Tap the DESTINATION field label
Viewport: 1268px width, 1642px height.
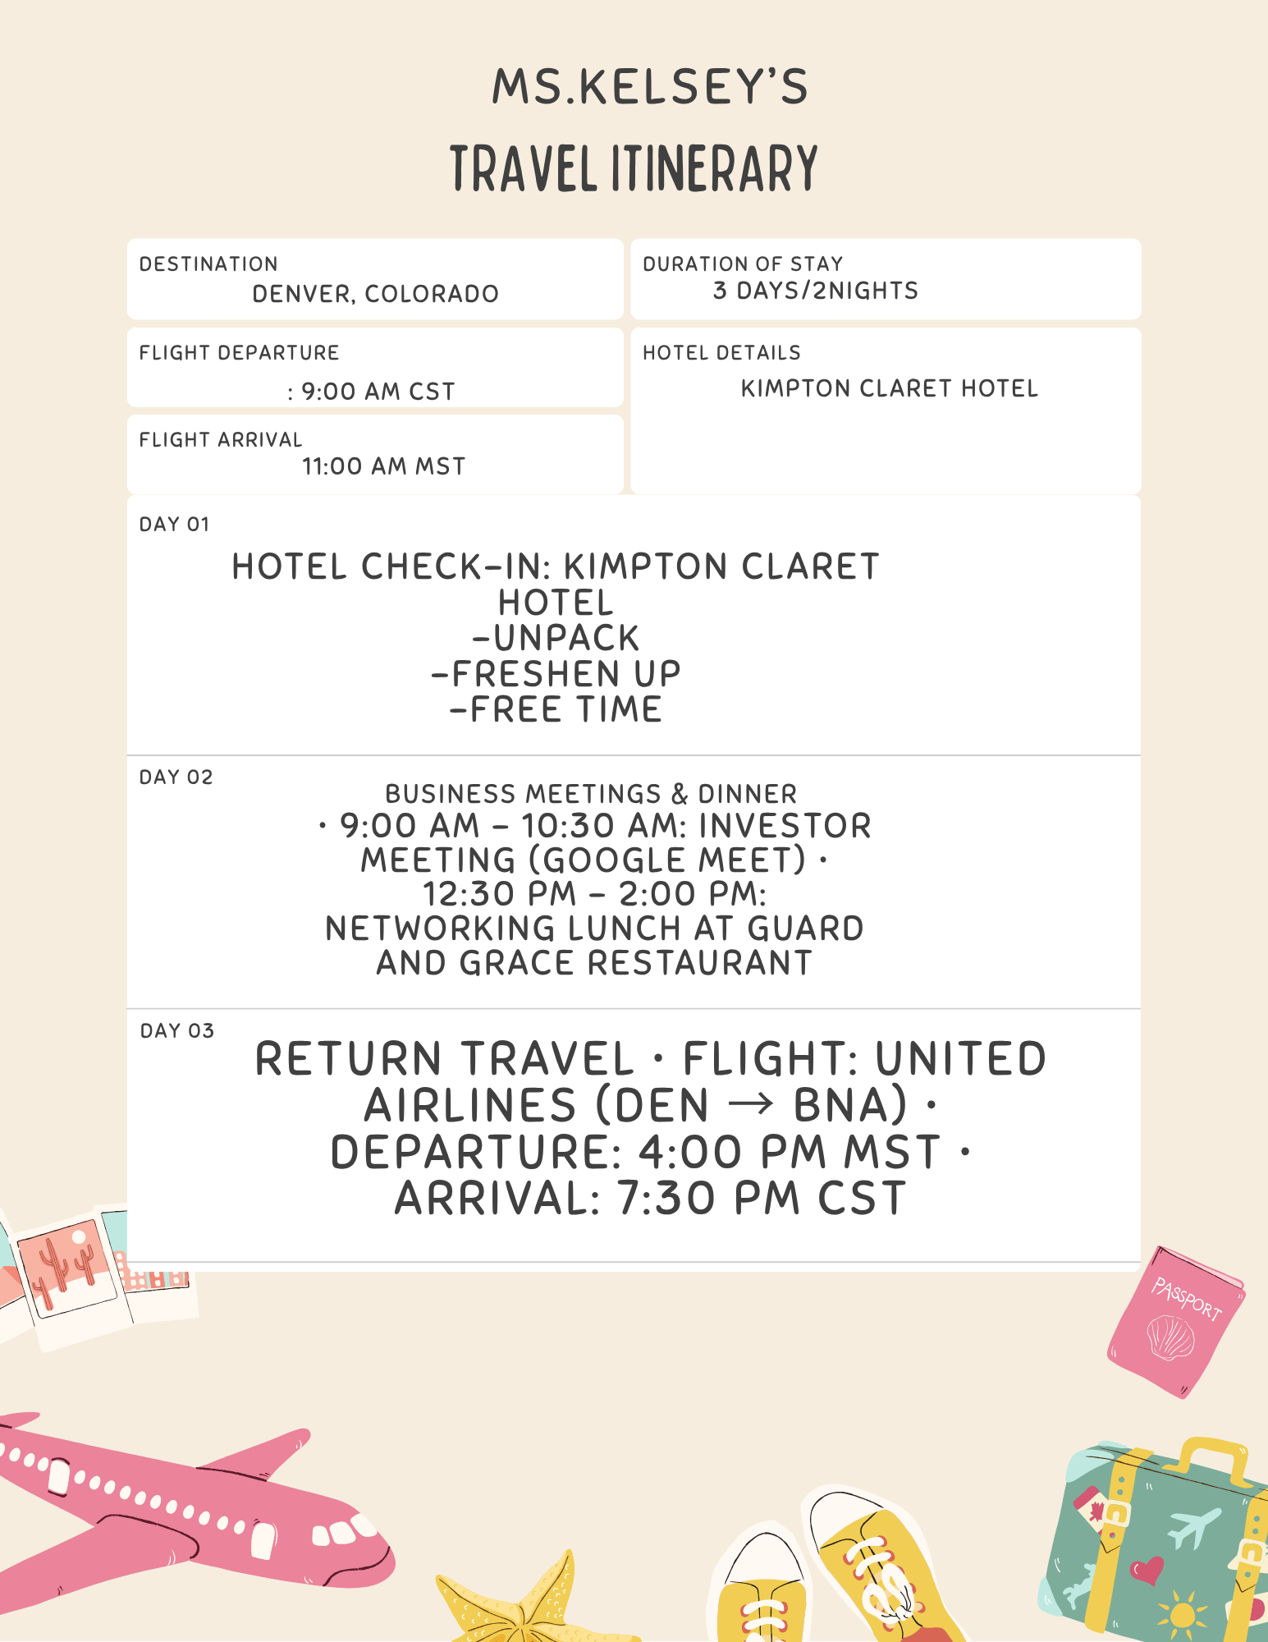[x=208, y=264]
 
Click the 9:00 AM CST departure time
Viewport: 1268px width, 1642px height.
[x=378, y=392]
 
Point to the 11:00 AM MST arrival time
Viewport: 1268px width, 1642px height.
[x=383, y=466]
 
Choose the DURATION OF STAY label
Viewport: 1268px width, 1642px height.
[x=743, y=264]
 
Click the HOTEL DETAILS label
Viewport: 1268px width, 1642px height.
[x=721, y=353]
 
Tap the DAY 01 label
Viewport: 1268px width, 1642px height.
[x=174, y=525]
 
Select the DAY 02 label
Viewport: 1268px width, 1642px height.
[x=176, y=777]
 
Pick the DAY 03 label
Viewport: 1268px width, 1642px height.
[x=176, y=1031]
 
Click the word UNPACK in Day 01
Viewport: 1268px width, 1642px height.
[x=566, y=639]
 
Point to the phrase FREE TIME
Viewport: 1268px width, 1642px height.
[x=566, y=709]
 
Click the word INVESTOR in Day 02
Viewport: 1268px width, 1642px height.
[x=785, y=826]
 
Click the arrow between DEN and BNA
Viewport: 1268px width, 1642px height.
[x=750, y=1104]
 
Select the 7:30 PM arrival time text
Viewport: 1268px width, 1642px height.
[x=708, y=1198]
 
